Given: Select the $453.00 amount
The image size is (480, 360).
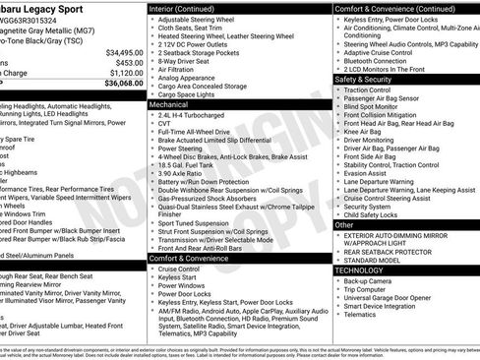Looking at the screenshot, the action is pyautogui.click(x=127, y=62).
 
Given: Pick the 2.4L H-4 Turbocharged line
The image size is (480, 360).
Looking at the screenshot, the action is pyautogui.click(x=196, y=114).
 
